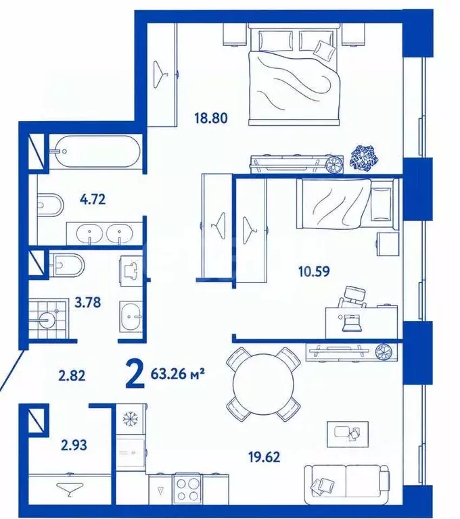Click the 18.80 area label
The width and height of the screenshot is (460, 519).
pos(211,118)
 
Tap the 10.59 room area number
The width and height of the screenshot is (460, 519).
pos(314,272)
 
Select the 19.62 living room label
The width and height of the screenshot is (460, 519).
pos(264,457)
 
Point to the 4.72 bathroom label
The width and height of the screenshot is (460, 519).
pos(93,199)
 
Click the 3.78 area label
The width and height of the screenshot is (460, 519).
pos(87,303)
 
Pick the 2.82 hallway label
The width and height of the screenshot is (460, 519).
pos(72,376)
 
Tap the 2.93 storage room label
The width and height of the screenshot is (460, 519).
pos(74,445)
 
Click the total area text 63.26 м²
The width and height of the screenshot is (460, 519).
pos(177,374)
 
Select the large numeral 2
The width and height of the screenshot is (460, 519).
pos(135,374)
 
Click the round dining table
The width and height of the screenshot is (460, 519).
pos(263,385)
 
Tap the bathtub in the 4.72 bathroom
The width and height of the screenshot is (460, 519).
pos(97,152)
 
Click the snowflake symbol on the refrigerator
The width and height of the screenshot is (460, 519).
pos(130,419)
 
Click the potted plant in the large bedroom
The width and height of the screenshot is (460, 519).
pos(364,159)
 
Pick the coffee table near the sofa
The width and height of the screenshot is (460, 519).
pos(347,435)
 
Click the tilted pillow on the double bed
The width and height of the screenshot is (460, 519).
pos(325,50)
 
